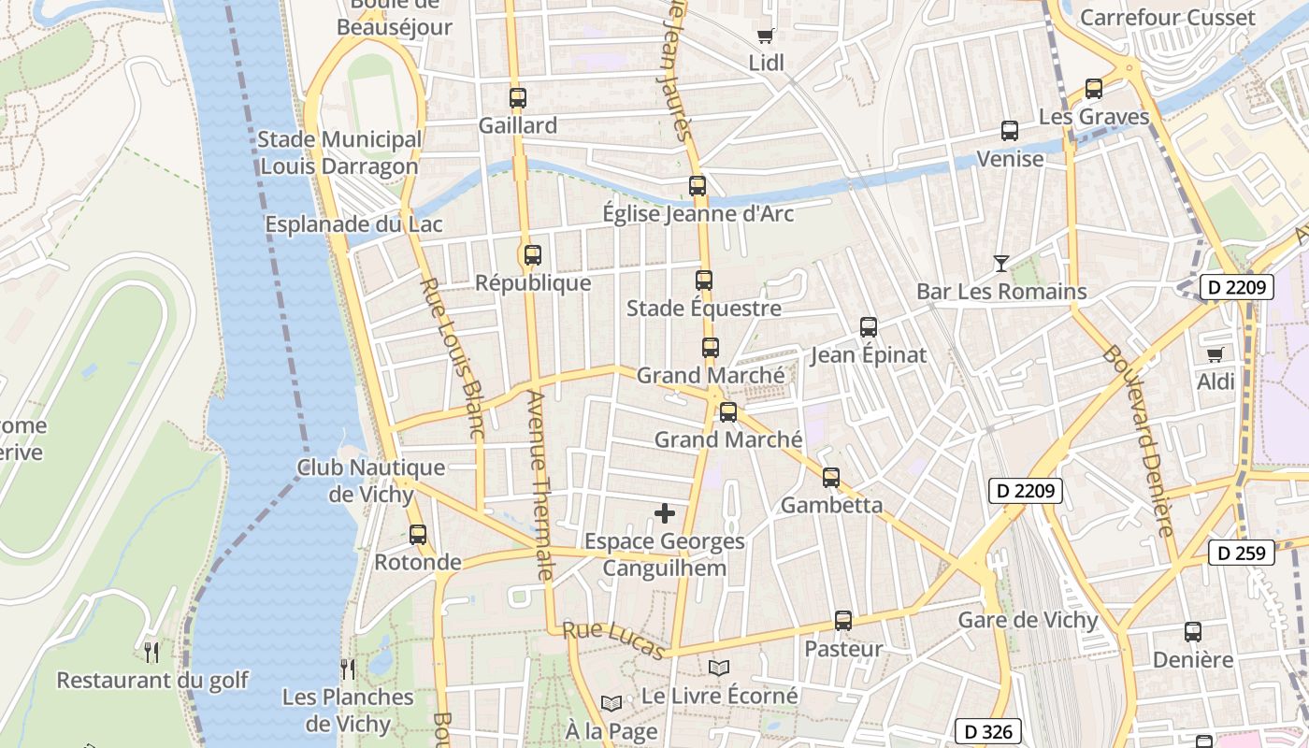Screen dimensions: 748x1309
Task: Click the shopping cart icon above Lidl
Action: pos(766,36)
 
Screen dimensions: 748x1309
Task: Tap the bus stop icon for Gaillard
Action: pos(518,98)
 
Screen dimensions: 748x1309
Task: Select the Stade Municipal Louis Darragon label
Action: pos(339,153)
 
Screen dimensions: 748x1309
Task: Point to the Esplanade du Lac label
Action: pos(353,224)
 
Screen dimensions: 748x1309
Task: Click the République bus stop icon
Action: pos(533,255)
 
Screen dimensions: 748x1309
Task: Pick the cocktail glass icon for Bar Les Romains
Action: pos(1001,264)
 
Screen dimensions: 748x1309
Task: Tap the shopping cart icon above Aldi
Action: pos(1215,354)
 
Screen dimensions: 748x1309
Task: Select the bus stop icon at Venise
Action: pos(1010,131)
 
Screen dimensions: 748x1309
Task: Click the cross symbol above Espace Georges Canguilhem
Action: pos(665,513)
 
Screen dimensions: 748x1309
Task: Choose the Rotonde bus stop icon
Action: pos(418,535)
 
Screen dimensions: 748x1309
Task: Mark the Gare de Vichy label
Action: pos(1028,620)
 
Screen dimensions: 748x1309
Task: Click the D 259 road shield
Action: pos(1243,553)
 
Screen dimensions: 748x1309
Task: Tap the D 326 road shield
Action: pos(987,731)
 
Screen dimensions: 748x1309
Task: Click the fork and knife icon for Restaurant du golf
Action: pos(151,652)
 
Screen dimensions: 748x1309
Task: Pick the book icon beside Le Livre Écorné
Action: pos(718,668)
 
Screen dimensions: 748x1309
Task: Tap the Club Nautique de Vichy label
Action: pos(371,480)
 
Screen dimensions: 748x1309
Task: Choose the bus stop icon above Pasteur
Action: pos(843,621)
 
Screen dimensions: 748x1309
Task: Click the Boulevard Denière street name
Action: pos(1139,440)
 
